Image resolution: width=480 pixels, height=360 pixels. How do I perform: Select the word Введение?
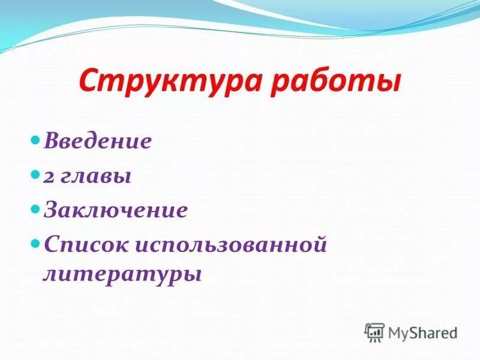click(x=97, y=142)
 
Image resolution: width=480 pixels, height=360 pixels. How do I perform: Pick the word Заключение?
click(x=115, y=211)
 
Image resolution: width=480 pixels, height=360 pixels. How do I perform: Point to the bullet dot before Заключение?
click(x=35, y=211)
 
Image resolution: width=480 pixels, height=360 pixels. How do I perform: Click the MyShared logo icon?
click(x=375, y=332)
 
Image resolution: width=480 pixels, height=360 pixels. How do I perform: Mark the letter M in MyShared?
click(x=396, y=332)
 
